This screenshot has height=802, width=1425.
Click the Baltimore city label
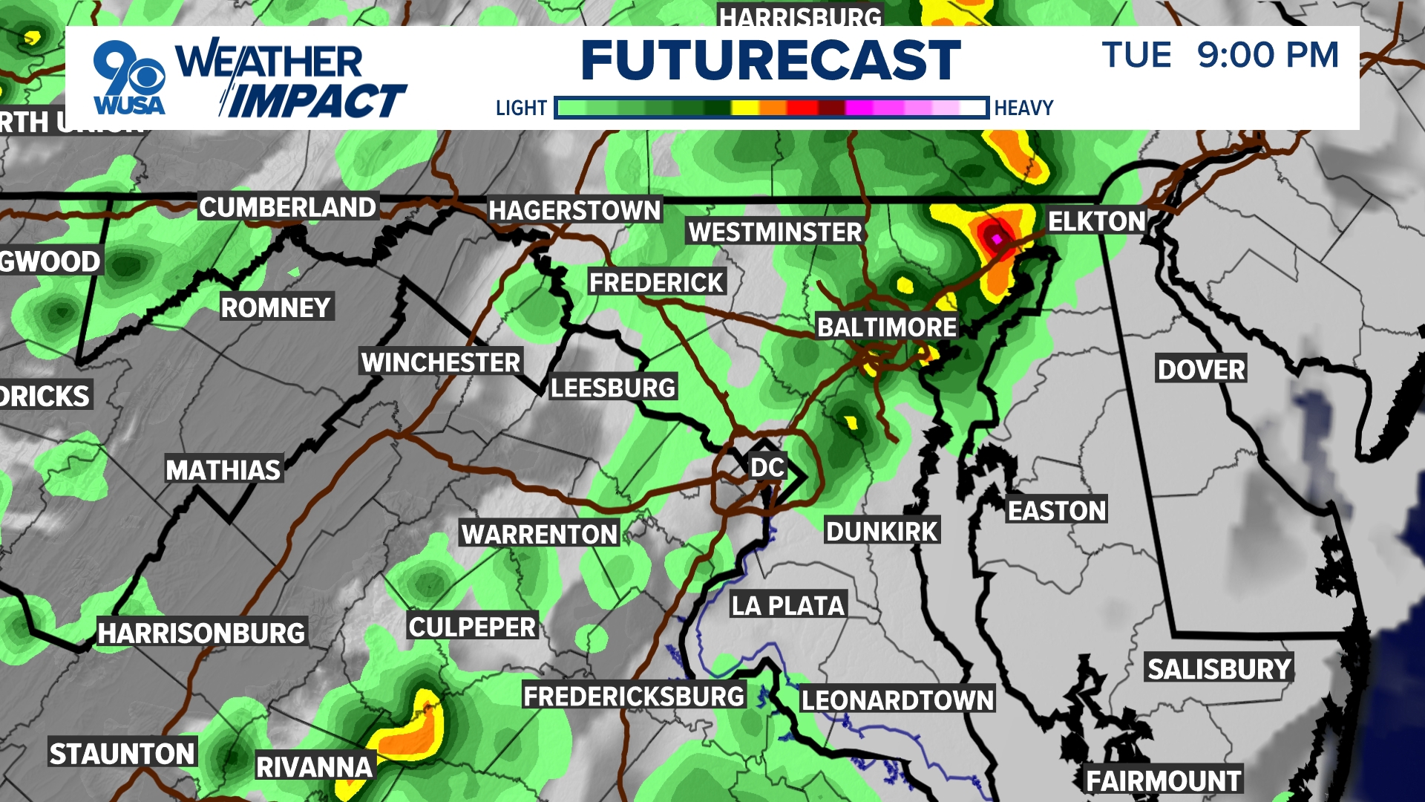coord(887,327)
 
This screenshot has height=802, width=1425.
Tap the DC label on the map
coord(767,468)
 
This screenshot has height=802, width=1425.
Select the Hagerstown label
coord(574,211)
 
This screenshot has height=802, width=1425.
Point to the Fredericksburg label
coord(634,697)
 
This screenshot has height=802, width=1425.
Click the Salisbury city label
coord(1219,669)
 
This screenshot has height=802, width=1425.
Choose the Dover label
coord(1201,369)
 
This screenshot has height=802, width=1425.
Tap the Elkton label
coord(1097,221)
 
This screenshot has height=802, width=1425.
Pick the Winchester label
coord(441,362)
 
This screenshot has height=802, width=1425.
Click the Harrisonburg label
coord(202,633)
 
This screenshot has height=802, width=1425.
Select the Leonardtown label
coord(897,700)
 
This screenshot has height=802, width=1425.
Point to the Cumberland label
coord(288,207)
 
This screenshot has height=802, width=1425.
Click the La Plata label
coord(788,606)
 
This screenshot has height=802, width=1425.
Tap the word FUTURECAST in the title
coord(770,61)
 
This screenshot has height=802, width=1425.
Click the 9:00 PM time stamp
coord(1268,55)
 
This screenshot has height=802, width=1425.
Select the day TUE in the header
coord(1136,55)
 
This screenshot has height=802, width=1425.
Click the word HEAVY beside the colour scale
coord(1023,108)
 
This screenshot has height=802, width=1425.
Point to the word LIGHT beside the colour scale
coord(521,108)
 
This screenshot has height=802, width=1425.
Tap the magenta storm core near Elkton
coord(997,238)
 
